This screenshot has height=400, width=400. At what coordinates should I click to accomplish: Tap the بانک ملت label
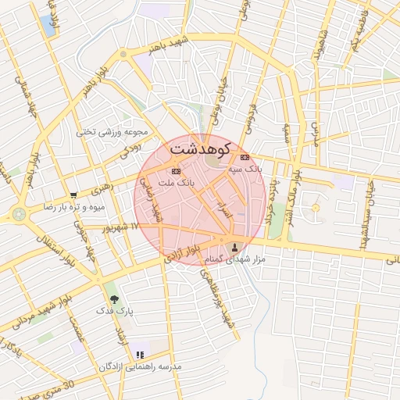click(176, 182)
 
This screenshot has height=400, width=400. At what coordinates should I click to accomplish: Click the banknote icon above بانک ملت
click(176, 171)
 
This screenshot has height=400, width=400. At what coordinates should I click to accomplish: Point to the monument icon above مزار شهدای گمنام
click(235, 248)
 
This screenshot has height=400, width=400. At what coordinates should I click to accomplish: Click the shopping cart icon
click(73, 195)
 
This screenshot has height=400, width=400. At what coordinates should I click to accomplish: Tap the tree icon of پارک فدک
click(115, 298)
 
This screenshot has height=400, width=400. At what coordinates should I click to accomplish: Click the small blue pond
click(52, 24)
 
